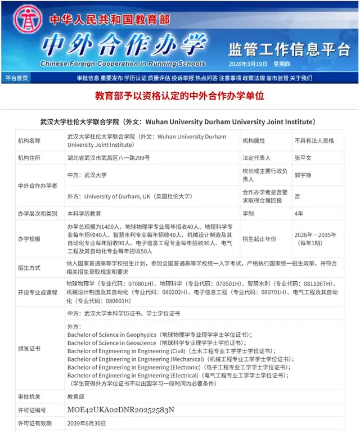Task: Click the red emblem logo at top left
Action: [x=23, y=20]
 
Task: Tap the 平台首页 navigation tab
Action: [x=16, y=78]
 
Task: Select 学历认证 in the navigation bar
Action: [x=135, y=78]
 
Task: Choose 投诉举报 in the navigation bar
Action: [x=183, y=78]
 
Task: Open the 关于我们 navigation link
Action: [x=301, y=78]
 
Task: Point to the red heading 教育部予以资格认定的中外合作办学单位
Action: [x=179, y=96]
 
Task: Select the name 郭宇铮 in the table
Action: [x=303, y=175]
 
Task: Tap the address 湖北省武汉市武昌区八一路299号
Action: [x=109, y=158]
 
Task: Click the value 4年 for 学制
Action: [x=299, y=214]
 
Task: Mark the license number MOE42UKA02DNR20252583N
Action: [x=121, y=409]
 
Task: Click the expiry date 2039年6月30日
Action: [x=87, y=423]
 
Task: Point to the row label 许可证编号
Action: [x=32, y=409]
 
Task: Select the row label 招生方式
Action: [x=29, y=268]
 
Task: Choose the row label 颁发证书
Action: [x=29, y=349]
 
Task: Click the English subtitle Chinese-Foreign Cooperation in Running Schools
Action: [x=123, y=64]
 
